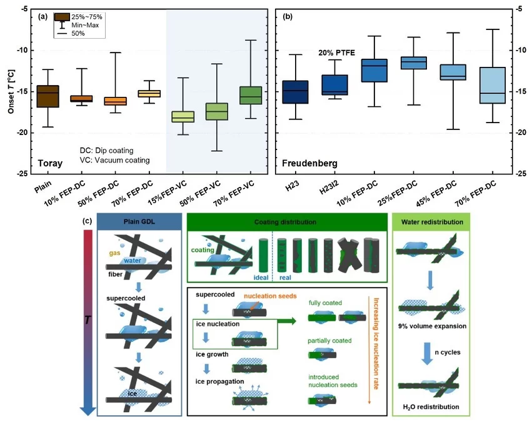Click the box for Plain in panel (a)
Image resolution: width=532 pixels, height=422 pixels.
48,96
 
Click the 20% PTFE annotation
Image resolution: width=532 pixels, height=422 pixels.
337,53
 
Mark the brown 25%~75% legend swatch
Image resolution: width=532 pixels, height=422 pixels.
62,16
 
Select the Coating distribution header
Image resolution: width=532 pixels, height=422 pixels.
284,223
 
